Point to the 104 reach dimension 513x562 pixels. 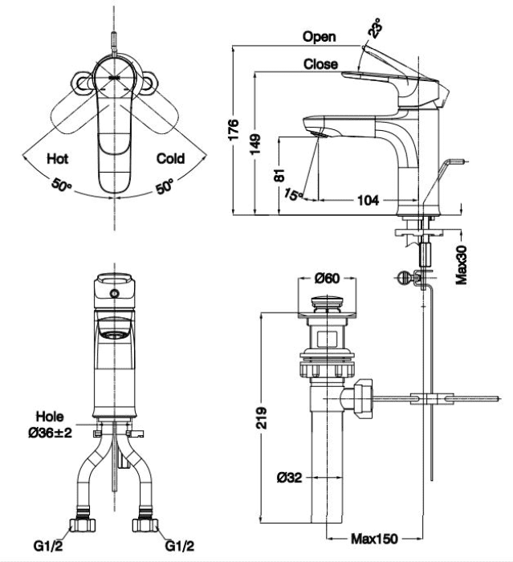point(368,200)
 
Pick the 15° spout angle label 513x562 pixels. point(294,195)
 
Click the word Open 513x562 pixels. point(320,37)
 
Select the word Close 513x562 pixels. point(320,65)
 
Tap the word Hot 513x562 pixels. point(58,159)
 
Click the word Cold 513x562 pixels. point(170,159)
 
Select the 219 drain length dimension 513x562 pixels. point(263,417)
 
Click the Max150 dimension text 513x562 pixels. point(373,538)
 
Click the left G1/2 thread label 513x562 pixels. point(46,546)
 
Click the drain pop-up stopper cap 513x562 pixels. point(326,303)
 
